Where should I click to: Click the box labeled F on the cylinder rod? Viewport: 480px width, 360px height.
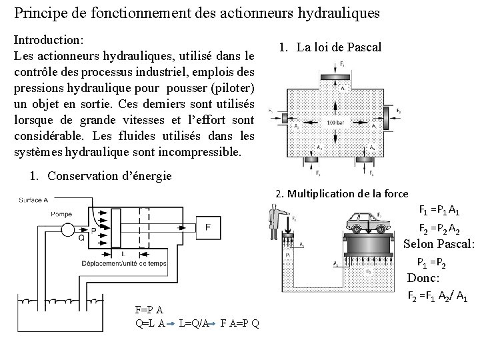(208, 227)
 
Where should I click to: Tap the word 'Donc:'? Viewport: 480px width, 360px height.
(424, 278)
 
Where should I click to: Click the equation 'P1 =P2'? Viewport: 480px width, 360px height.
(431, 261)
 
